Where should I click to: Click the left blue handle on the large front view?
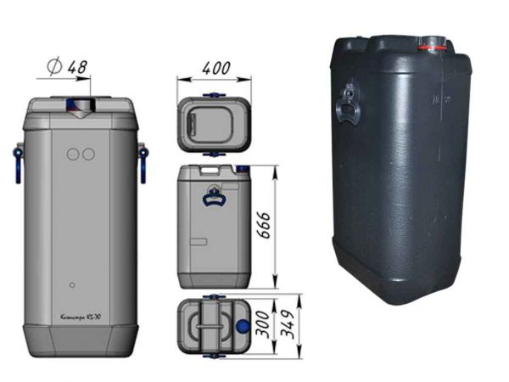pyautogui.click(x=18, y=164)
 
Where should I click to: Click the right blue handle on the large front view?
pyautogui.click(x=142, y=162)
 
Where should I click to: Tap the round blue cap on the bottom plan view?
pyautogui.click(x=243, y=325)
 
